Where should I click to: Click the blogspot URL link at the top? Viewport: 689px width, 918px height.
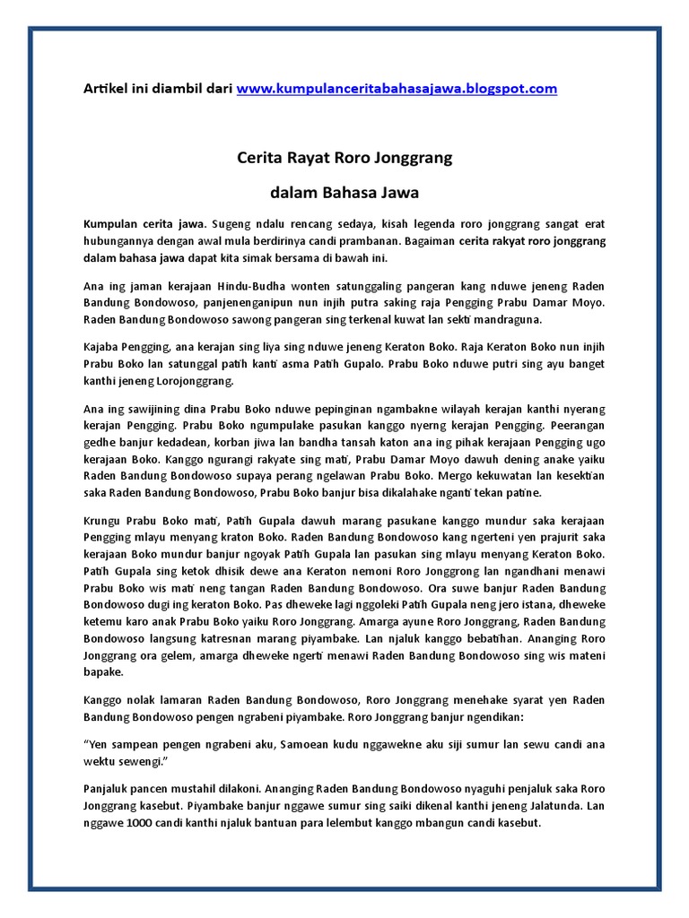click(x=397, y=89)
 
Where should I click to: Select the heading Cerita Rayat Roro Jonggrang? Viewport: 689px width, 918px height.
click(x=344, y=159)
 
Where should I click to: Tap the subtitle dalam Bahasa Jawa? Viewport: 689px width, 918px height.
click(x=344, y=193)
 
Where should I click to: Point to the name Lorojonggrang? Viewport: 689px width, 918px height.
click(x=195, y=380)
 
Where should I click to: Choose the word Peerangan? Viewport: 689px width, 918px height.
click(x=571, y=425)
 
